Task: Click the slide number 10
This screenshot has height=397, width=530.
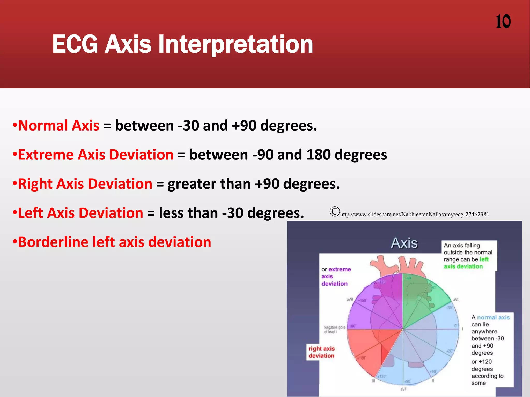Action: pos(503,22)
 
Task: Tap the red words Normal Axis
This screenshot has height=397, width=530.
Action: pos(58,126)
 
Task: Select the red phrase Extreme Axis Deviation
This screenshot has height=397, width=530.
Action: pos(96,155)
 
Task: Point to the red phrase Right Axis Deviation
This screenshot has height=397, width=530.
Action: pos(85,184)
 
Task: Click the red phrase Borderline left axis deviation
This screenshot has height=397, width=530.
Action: pos(114,242)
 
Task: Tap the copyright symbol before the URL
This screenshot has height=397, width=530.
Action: pos(334,211)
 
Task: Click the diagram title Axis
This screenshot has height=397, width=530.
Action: pos(404,243)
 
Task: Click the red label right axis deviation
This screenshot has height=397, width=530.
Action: pos(321,352)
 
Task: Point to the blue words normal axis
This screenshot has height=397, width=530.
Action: pos(493,317)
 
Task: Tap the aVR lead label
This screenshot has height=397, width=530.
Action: pos(350,299)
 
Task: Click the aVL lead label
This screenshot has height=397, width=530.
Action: pos(456,300)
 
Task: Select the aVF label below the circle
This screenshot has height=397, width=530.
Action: pos(403,389)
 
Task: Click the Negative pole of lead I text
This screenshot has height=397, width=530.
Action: pos(334,330)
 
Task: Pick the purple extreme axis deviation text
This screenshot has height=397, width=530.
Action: pos(336,277)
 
